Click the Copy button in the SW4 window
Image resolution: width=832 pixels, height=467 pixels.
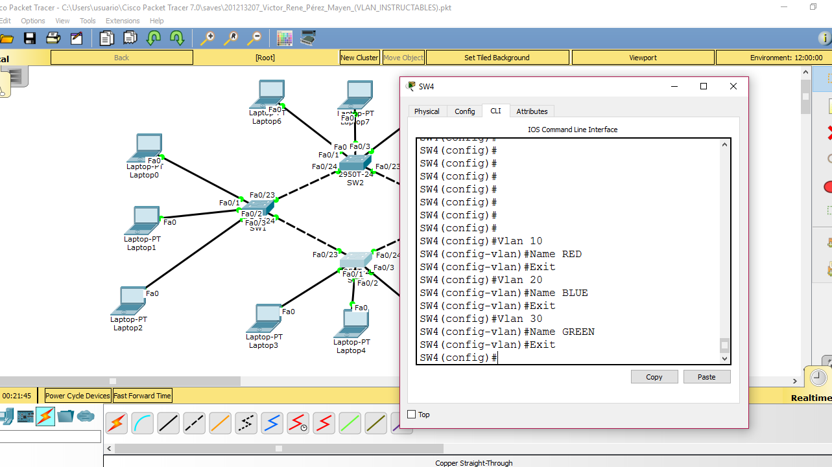(654, 377)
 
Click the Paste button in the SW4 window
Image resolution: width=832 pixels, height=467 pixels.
(706, 377)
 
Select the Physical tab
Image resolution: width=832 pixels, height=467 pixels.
(427, 111)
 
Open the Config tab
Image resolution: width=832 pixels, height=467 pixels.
(464, 111)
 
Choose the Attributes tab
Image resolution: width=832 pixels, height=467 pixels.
(532, 111)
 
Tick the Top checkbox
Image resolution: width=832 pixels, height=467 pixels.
(411, 415)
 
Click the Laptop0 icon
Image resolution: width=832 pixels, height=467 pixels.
(149, 148)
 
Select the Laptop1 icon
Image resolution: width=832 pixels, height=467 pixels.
(145, 220)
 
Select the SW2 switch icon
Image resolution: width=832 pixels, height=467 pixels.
(355, 163)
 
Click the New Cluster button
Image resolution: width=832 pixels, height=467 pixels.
(359, 58)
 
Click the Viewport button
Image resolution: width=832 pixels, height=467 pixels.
(643, 58)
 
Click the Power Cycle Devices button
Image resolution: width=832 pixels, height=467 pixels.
(78, 396)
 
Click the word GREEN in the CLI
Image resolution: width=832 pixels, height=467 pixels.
(578, 332)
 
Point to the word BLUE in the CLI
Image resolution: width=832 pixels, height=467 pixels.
(575, 293)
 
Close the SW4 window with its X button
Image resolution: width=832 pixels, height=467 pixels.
(733, 86)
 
